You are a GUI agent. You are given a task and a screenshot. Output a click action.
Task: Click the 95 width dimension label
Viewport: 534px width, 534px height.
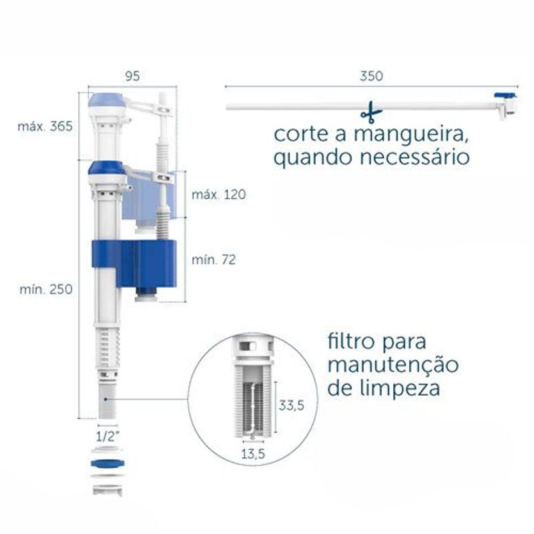(x=132, y=76)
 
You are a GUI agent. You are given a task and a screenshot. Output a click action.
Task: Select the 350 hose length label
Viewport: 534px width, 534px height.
(x=371, y=76)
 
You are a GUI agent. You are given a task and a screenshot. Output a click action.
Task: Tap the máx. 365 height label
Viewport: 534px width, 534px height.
(x=45, y=126)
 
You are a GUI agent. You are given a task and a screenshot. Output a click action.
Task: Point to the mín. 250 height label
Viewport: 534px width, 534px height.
(x=46, y=290)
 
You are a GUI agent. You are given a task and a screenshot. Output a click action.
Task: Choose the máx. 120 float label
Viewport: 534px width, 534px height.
(x=219, y=194)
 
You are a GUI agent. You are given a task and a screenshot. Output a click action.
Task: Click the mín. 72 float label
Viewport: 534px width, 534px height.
(x=214, y=260)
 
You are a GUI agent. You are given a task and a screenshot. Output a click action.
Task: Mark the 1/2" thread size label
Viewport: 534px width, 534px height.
(x=107, y=437)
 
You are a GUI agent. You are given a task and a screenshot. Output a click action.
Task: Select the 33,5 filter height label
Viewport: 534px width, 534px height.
(x=292, y=405)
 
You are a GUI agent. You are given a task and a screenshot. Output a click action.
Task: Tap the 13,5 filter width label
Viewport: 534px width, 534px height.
(x=253, y=454)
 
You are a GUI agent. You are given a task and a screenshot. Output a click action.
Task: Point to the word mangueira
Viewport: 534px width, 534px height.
(x=410, y=135)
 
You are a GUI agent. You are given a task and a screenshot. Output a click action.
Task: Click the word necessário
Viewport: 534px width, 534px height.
(x=415, y=158)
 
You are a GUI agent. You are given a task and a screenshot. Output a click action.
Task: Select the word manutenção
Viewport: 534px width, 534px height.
(x=393, y=364)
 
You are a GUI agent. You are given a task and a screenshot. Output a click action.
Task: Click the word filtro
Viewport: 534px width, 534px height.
(x=352, y=341)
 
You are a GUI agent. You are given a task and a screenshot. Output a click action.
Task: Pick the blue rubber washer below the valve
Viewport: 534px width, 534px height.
(x=107, y=463)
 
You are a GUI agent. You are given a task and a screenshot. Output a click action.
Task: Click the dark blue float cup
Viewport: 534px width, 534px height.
(x=135, y=264)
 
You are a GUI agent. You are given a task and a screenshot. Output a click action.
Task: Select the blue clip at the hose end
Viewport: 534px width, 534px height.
(x=505, y=95)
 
